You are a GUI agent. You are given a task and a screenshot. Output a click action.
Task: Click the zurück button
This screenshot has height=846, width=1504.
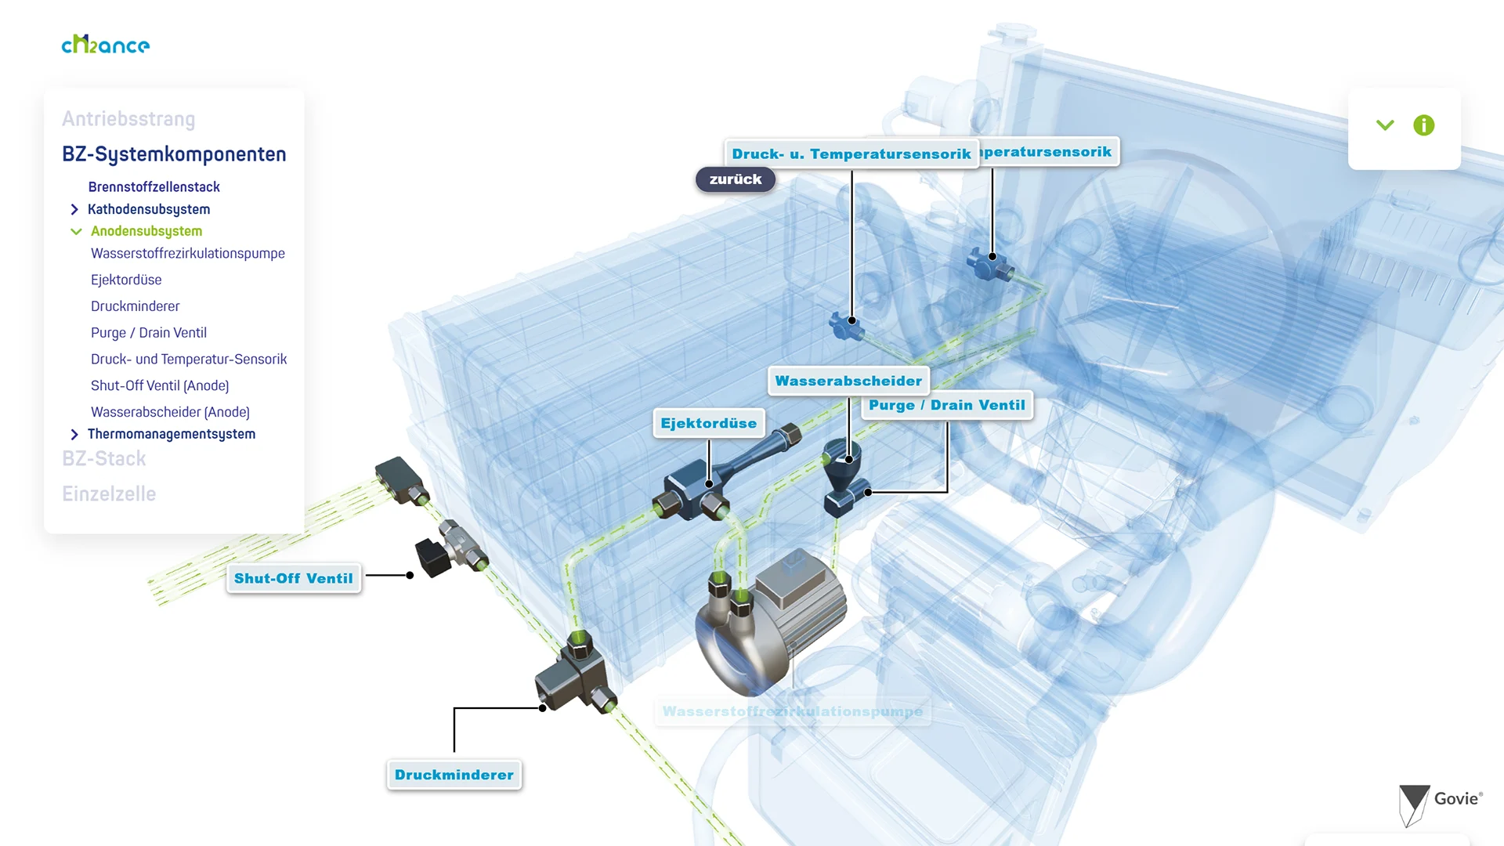(x=735, y=179)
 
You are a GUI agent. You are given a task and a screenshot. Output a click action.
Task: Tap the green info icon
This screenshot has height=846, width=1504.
(x=1423, y=125)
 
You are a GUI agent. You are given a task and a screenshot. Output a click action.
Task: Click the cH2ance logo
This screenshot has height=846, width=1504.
(x=106, y=45)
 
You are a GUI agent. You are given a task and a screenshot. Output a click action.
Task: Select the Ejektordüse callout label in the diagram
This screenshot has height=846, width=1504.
(x=708, y=423)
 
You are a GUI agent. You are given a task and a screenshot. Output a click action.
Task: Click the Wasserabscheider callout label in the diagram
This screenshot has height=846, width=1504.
(x=848, y=381)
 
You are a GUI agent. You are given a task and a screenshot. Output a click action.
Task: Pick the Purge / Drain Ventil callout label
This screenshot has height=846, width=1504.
(x=946, y=405)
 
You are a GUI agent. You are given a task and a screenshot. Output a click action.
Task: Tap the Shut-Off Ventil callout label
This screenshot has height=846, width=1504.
(x=294, y=578)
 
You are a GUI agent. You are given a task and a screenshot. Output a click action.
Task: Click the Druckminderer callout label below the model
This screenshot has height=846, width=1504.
(x=454, y=775)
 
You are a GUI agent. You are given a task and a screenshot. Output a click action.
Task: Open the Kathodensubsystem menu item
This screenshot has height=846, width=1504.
(x=149, y=209)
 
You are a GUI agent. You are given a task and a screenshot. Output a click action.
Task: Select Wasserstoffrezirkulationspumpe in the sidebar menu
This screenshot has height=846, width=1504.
(x=188, y=253)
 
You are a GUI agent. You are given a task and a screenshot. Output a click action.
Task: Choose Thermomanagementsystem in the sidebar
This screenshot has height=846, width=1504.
(x=172, y=434)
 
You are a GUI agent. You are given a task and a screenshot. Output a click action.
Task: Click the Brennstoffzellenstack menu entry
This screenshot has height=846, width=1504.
(x=154, y=186)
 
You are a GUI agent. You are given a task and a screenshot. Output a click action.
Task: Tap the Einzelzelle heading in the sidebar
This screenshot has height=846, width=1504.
(x=109, y=493)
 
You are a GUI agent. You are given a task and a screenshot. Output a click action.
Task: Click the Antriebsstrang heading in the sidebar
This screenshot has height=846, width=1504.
(x=128, y=119)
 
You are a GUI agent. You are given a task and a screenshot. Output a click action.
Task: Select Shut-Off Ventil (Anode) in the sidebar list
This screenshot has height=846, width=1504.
(x=160, y=385)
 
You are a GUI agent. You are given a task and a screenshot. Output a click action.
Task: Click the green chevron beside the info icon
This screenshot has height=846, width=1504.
(x=1385, y=125)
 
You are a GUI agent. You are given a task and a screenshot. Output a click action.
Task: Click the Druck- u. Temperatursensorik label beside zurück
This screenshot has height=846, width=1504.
(x=851, y=154)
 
